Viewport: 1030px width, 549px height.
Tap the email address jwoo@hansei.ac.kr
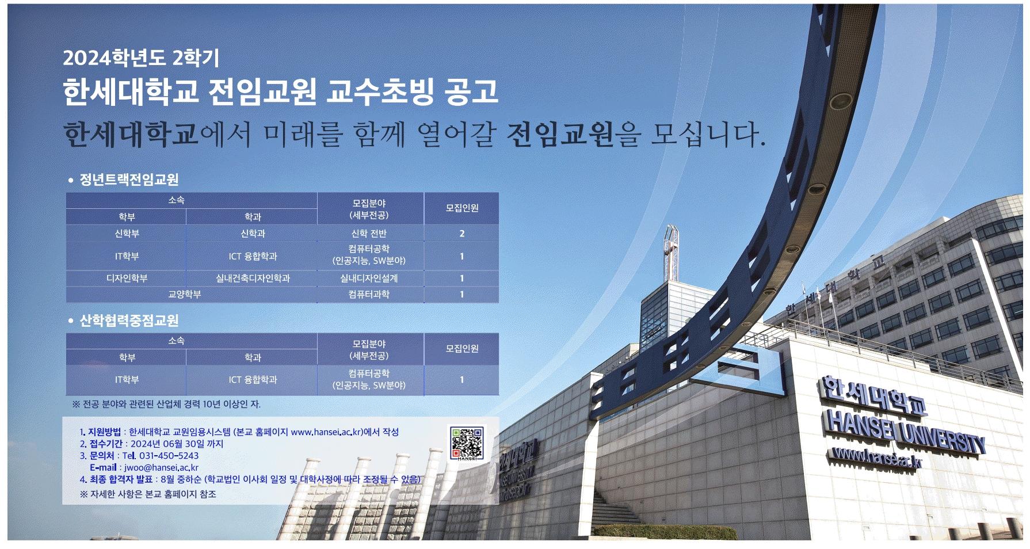[161, 468]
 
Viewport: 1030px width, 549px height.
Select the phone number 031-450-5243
[169, 456]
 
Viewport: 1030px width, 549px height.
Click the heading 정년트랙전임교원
[129, 180]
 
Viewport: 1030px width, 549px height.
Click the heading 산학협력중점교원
[129, 321]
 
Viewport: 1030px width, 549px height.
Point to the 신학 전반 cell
[369, 234]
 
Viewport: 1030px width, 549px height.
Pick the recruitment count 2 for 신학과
[461, 234]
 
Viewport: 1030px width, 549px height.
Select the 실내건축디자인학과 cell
[253, 279]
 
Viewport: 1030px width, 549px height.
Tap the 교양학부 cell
[184, 295]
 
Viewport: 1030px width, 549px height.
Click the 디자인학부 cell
[127, 279]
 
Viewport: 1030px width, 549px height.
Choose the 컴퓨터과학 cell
[369, 295]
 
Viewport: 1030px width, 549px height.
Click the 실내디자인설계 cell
[369, 279]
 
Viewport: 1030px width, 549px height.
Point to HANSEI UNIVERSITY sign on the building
[905, 432]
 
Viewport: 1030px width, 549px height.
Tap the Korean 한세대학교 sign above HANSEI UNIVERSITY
[873, 395]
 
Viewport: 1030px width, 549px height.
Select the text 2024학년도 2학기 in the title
[141, 58]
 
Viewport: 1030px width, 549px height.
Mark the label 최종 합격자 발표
[121, 479]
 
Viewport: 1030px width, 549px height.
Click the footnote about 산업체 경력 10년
[166, 404]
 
